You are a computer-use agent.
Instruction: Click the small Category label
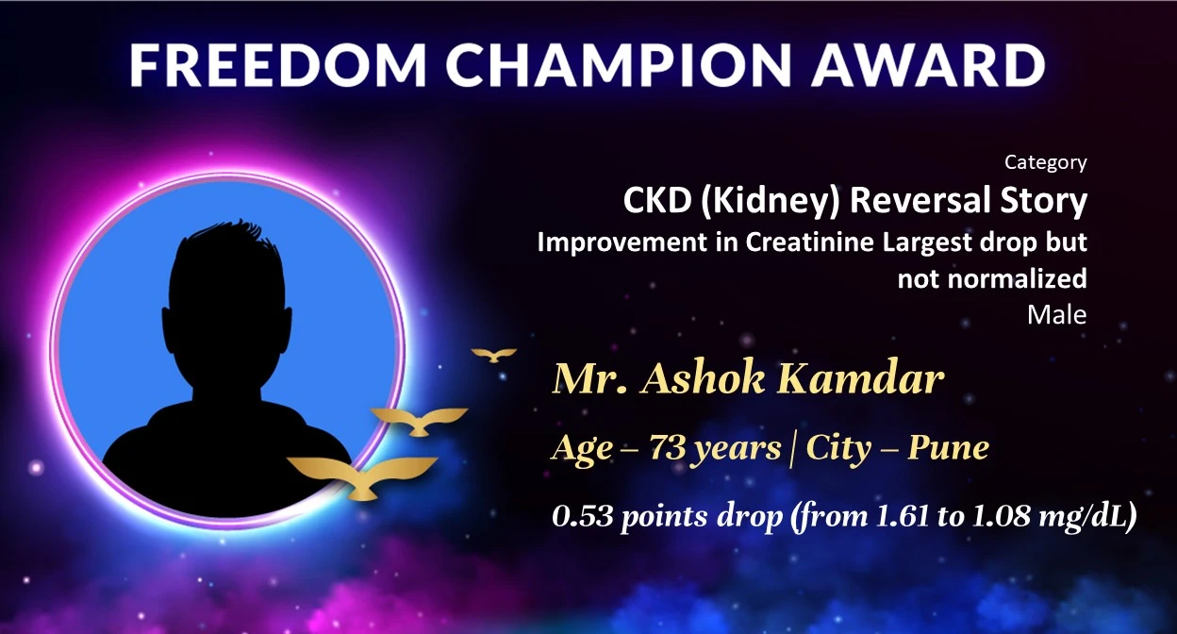(1046, 162)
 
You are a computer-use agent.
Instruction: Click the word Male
(1056, 315)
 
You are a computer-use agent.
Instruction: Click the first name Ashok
(703, 378)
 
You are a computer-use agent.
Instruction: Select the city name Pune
(948, 447)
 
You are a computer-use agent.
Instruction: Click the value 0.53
(583, 516)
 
